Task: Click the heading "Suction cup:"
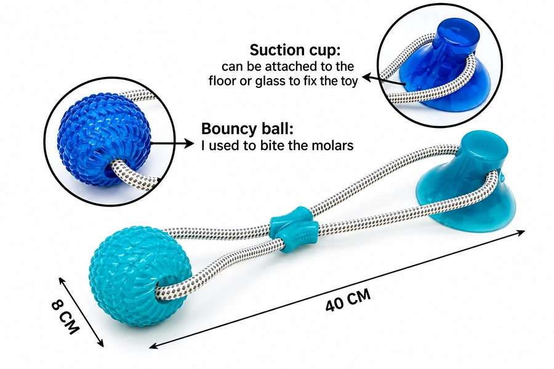coord(295,50)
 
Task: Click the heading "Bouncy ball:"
coord(247,129)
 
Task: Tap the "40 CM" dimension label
coord(348,300)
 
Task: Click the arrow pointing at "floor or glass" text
coord(383,81)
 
